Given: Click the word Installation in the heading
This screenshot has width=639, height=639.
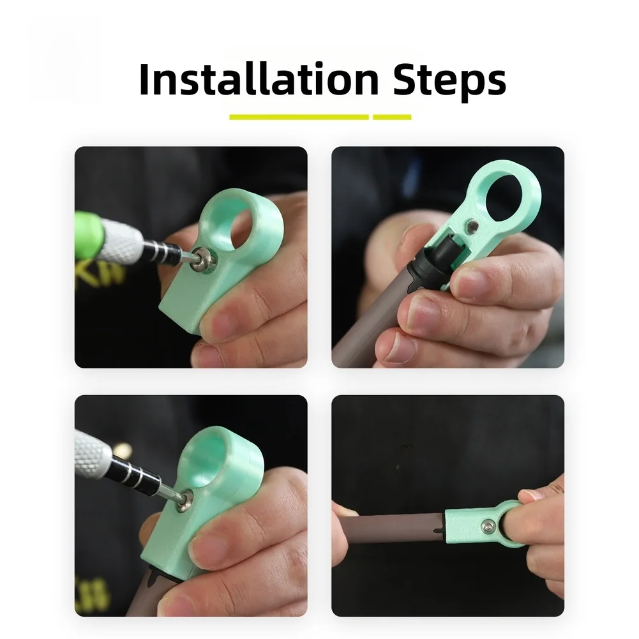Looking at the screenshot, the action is point(259,79).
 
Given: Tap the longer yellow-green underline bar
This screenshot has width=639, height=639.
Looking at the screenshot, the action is point(299,117).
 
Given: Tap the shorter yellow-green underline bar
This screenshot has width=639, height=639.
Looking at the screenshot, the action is point(392,117).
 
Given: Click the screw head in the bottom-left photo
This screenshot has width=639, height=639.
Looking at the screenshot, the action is point(184,500).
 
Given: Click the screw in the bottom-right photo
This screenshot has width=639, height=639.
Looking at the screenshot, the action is point(488,526).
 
